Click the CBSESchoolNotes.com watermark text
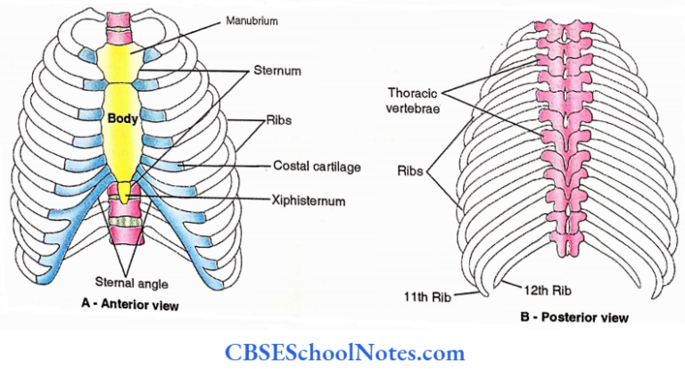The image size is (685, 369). [342, 352]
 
